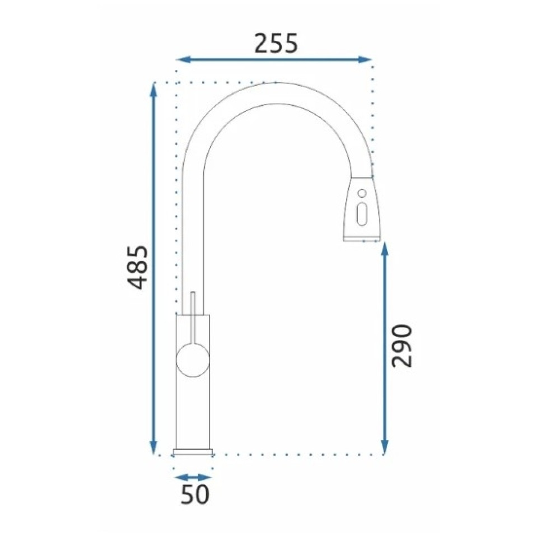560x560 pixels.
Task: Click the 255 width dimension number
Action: point(276,44)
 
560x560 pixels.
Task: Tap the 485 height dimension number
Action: point(138,267)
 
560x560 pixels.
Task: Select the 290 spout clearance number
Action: point(402,346)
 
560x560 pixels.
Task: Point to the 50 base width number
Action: point(195,494)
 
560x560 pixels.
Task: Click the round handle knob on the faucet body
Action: point(193,361)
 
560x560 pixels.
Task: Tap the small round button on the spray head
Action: point(362,193)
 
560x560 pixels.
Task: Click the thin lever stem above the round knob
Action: point(193,318)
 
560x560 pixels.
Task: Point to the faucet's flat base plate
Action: point(193,451)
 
